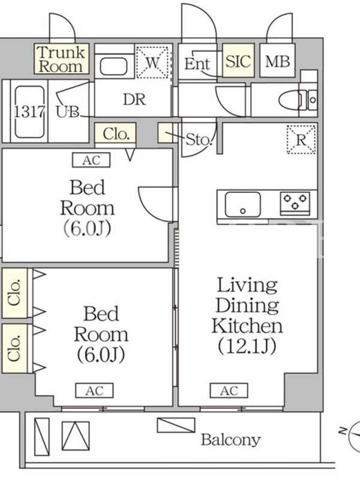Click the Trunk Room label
tap(61, 59)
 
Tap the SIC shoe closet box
tap(238, 61)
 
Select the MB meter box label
tap(277, 61)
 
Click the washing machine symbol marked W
tap(152, 62)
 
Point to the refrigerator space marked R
tap(302, 139)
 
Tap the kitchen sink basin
tap(243, 205)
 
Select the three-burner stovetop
tap(295, 203)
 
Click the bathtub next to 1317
tap(29, 112)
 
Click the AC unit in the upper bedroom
tap(91, 160)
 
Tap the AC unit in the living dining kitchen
tap(229, 391)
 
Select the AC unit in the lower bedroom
tap(95, 391)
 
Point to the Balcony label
tap(231, 440)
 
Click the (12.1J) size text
tap(247, 346)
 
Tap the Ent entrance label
tap(197, 64)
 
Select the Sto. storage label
tap(199, 140)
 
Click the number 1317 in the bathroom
tap(29, 112)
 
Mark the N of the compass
tap(343, 431)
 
